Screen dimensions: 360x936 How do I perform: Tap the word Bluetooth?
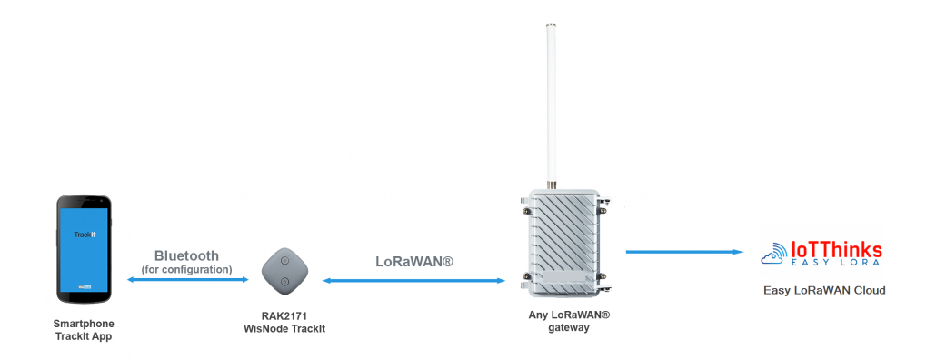coord(186,255)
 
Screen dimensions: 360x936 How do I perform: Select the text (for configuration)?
coord(186,270)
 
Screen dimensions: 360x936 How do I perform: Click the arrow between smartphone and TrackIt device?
coord(187,280)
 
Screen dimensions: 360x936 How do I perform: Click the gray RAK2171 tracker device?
coord(284,270)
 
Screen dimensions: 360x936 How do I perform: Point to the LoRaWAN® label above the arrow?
coord(413,261)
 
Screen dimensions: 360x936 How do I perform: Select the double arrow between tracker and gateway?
coord(413,281)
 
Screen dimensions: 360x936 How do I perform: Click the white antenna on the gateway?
coord(551,100)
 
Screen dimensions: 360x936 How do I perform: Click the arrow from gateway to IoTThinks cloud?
coord(681,252)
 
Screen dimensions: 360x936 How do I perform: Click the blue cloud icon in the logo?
coord(775,255)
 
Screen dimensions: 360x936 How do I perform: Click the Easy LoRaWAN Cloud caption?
coord(824,291)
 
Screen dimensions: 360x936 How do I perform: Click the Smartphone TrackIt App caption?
coord(85,331)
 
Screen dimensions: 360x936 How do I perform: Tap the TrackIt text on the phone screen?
coord(85,235)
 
